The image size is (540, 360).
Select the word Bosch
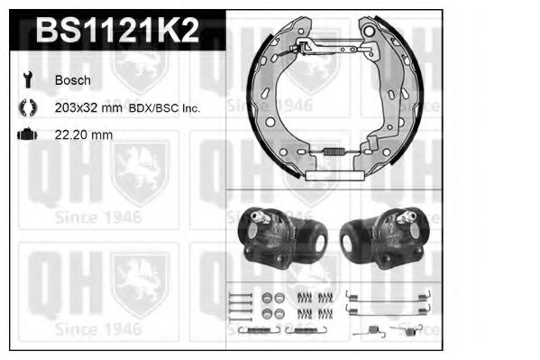72,79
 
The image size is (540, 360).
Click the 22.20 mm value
84,135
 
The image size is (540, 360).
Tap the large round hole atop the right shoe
369,33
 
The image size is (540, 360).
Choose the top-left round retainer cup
268,298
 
